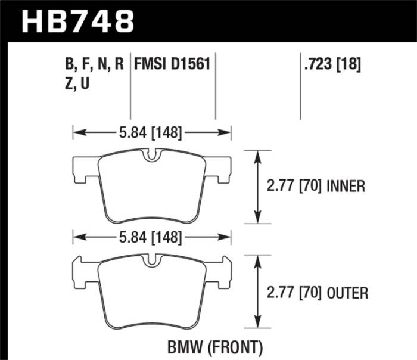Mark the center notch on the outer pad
click(153, 260)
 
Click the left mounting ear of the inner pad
click(84, 170)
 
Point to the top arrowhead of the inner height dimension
click(257, 154)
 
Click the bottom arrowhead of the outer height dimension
click(257, 320)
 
